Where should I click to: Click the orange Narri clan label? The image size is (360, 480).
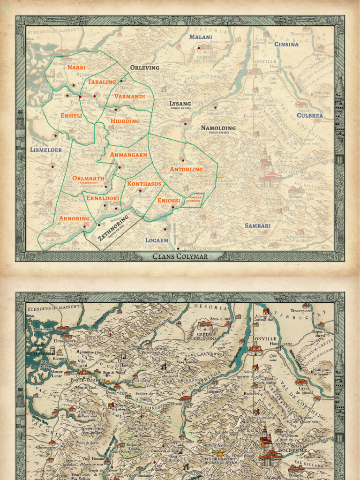click(76, 67)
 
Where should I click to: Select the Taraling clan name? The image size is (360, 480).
click(102, 82)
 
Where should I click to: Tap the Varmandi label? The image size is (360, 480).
click(130, 97)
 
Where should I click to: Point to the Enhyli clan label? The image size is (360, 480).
click(71, 115)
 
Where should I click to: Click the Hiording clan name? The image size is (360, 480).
click(125, 121)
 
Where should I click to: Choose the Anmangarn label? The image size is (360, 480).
click(128, 154)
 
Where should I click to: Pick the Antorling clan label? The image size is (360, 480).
click(186, 169)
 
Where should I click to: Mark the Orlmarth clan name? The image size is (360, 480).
click(88, 178)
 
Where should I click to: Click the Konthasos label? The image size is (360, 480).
click(144, 184)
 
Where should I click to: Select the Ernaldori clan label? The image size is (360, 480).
click(103, 198)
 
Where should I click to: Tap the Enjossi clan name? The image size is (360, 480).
click(169, 201)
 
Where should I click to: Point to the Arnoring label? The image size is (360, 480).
click(74, 218)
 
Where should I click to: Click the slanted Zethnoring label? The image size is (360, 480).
click(113, 228)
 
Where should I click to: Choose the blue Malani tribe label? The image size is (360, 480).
click(201, 37)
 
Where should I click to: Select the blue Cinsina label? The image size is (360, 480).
click(286, 45)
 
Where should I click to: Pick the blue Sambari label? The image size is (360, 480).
click(257, 226)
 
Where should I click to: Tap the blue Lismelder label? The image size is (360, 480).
click(46, 150)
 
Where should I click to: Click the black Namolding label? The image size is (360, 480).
click(218, 128)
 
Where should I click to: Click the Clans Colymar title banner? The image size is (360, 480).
click(180, 256)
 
